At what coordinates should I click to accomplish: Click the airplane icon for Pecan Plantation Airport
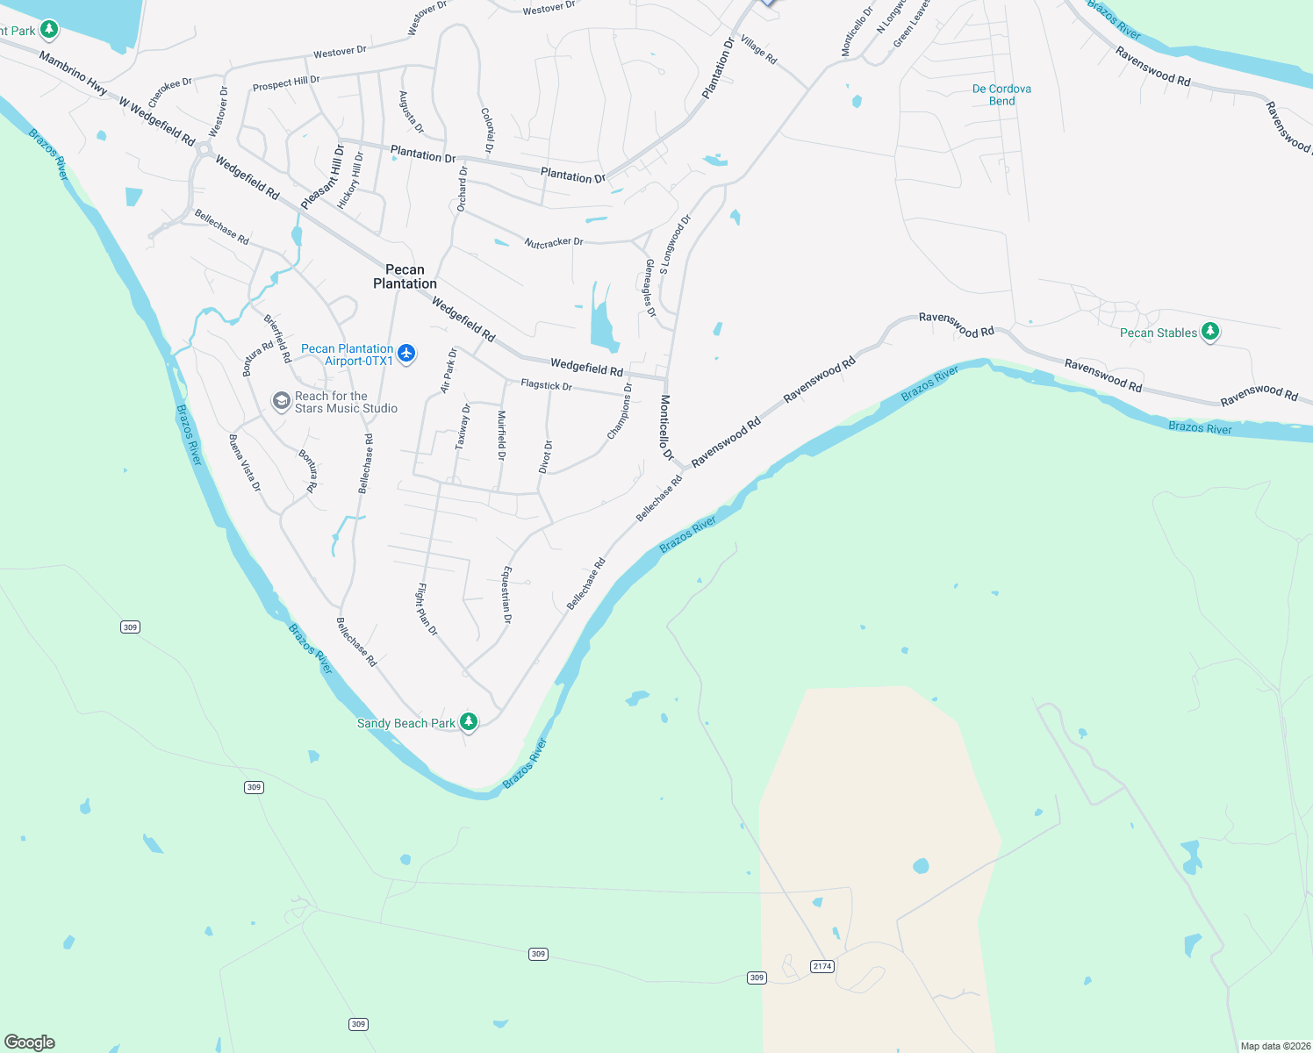pos(405,353)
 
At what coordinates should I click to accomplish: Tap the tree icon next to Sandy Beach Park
pos(469,721)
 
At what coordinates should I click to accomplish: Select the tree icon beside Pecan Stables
pos(1210,331)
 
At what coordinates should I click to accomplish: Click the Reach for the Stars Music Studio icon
pos(281,401)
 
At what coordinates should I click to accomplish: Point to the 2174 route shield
pos(822,966)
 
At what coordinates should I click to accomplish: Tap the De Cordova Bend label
pos(1001,95)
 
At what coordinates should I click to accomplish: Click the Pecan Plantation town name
pos(405,276)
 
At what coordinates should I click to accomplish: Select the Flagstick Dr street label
pos(546,384)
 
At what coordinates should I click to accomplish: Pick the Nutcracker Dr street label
pos(554,242)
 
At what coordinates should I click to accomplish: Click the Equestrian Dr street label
pos(506,595)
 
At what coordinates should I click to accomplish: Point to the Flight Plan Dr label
pos(427,609)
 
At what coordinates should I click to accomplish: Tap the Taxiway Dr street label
pos(463,426)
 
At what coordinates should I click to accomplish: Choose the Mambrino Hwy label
pos(73,73)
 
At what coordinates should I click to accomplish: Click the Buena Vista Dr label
pos(245,462)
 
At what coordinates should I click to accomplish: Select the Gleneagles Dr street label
pos(650,288)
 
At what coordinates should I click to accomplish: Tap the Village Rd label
pos(758,50)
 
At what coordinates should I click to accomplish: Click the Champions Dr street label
pos(620,411)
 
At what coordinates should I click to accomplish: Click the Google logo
pos(30,1042)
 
